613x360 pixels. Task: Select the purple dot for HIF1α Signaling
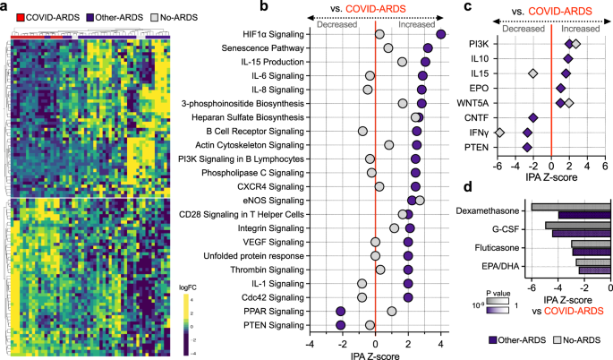tap(441, 34)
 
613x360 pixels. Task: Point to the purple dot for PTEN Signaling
tap(340, 324)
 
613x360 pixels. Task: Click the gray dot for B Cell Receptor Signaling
tap(362, 131)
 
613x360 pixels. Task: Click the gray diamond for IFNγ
tap(499, 132)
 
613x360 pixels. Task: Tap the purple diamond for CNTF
tap(533, 117)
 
